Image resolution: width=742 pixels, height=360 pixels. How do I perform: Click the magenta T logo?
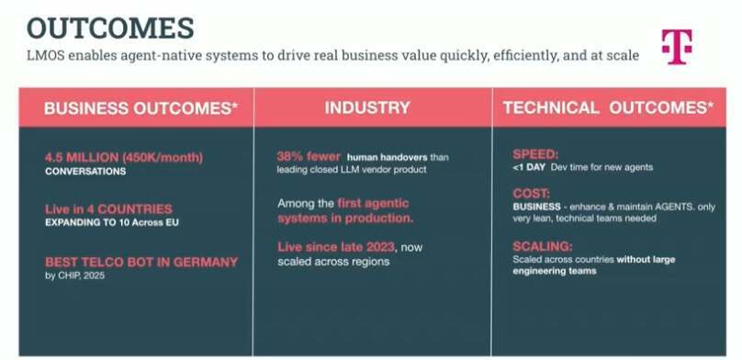[x=677, y=46]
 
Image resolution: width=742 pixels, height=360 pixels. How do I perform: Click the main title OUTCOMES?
[x=110, y=28]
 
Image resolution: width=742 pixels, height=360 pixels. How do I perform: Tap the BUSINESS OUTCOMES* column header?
[x=141, y=108]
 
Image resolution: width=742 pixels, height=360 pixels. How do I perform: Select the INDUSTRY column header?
[x=367, y=107]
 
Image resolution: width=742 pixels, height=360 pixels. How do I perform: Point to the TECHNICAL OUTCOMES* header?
[x=608, y=107]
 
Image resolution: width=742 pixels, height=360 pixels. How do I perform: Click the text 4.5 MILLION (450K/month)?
[x=124, y=157]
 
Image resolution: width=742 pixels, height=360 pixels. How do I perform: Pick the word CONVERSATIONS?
[x=85, y=171]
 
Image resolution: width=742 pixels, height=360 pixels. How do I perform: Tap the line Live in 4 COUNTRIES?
[x=108, y=209]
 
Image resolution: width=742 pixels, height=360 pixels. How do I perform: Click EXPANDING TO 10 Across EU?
[x=112, y=222]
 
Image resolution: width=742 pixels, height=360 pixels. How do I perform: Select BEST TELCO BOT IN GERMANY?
[x=141, y=262]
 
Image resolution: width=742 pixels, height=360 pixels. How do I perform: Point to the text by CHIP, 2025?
[x=74, y=276]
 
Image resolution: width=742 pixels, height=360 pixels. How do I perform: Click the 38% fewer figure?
[x=309, y=156]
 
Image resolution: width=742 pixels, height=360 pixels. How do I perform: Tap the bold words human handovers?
[x=388, y=157]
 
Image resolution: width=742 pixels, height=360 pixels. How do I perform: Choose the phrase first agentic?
[x=373, y=203]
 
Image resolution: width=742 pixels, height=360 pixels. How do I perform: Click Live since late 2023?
[x=336, y=247]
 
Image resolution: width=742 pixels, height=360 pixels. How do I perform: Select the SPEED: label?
[x=535, y=154]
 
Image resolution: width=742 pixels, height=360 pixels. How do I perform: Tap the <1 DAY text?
[x=529, y=167]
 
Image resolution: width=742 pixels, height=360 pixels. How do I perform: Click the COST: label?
[x=532, y=194]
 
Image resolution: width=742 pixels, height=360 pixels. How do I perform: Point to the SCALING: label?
[x=543, y=246]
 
